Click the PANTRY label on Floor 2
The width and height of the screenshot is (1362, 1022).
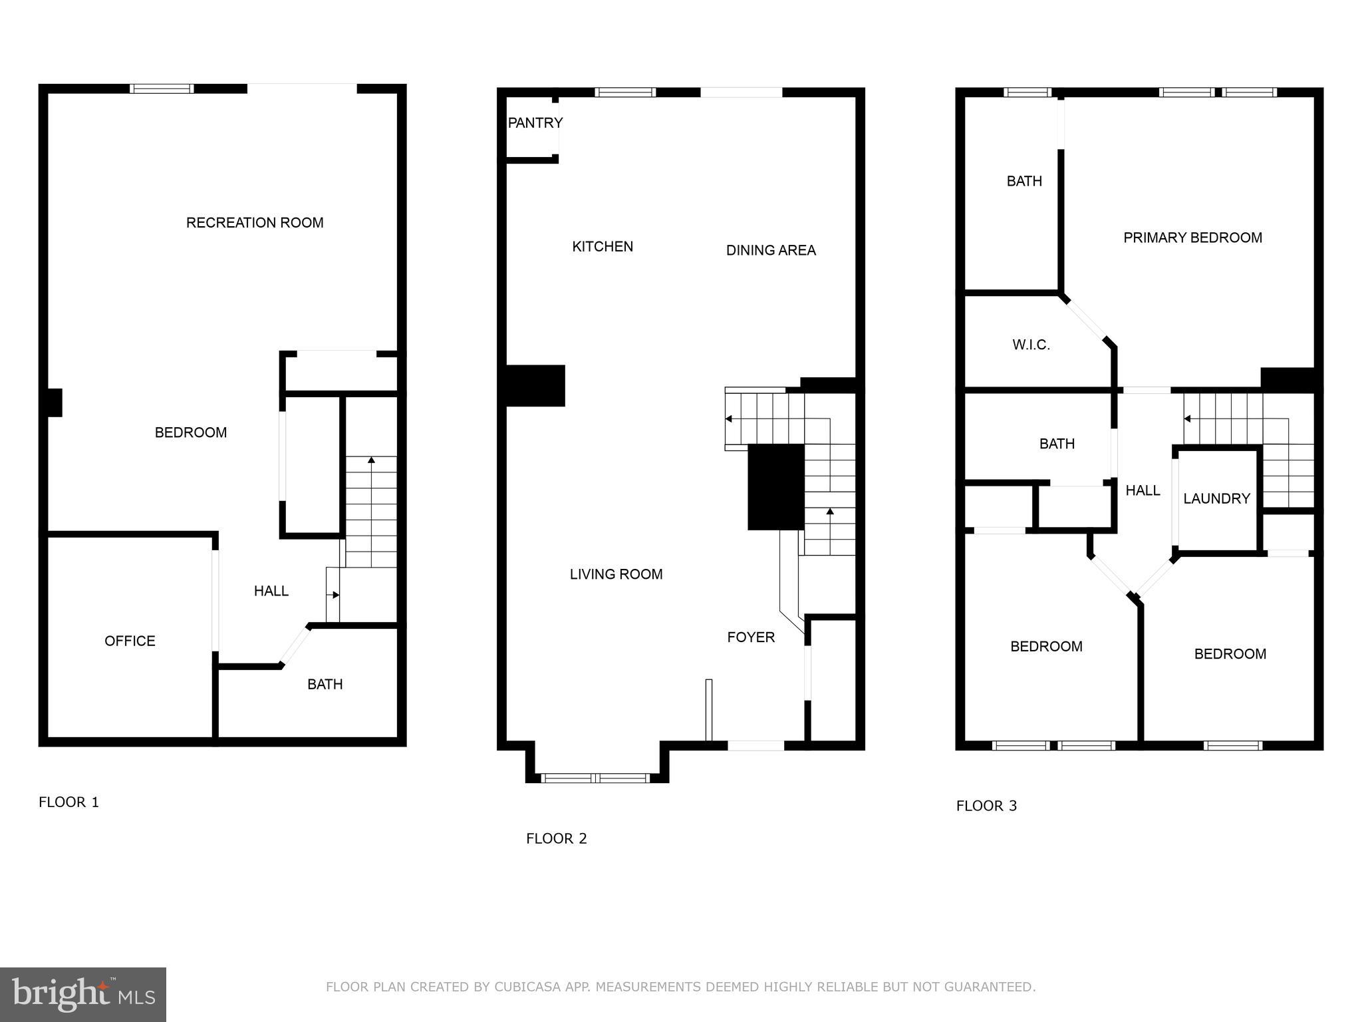click(535, 123)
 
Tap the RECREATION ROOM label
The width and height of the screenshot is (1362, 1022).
click(255, 223)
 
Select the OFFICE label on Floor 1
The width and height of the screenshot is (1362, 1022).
click(130, 641)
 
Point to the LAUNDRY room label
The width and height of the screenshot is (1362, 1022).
click(1216, 498)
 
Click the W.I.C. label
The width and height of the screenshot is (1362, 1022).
click(1031, 345)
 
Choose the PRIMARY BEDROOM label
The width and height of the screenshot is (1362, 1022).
click(1192, 238)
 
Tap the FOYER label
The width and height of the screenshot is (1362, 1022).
click(751, 637)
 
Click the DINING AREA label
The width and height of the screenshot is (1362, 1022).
click(771, 250)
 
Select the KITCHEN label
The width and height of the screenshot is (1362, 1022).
click(603, 247)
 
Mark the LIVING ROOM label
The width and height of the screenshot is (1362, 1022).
click(616, 574)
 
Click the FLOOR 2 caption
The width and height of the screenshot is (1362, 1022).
click(557, 838)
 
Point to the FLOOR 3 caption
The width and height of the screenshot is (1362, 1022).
click(986, 806)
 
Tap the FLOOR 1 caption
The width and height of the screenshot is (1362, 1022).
click(68, 802)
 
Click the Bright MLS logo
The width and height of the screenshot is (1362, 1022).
click(83, 994)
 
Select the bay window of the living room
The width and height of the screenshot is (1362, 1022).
click(595, 778)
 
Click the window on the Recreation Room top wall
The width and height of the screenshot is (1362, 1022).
click(162, 88)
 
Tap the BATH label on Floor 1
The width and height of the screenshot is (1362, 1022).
click(325, 684)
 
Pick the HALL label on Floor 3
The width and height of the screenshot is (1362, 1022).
click(1143, 490)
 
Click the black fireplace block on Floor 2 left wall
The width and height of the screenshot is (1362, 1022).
click(535, 385)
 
